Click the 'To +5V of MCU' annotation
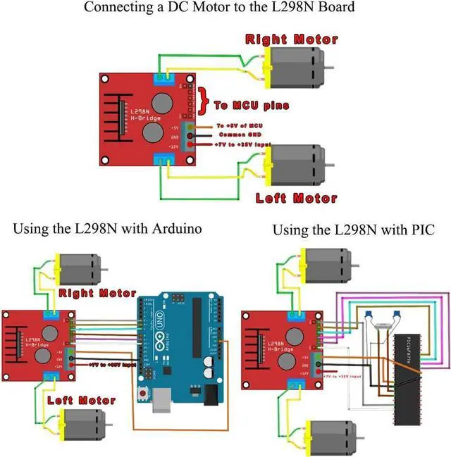tap(240, 125)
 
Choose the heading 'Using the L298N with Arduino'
tap(107, 229)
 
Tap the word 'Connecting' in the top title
tap(115, 8)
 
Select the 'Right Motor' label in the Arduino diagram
tap(97, 292)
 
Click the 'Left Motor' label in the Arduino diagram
tap(80, 400)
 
